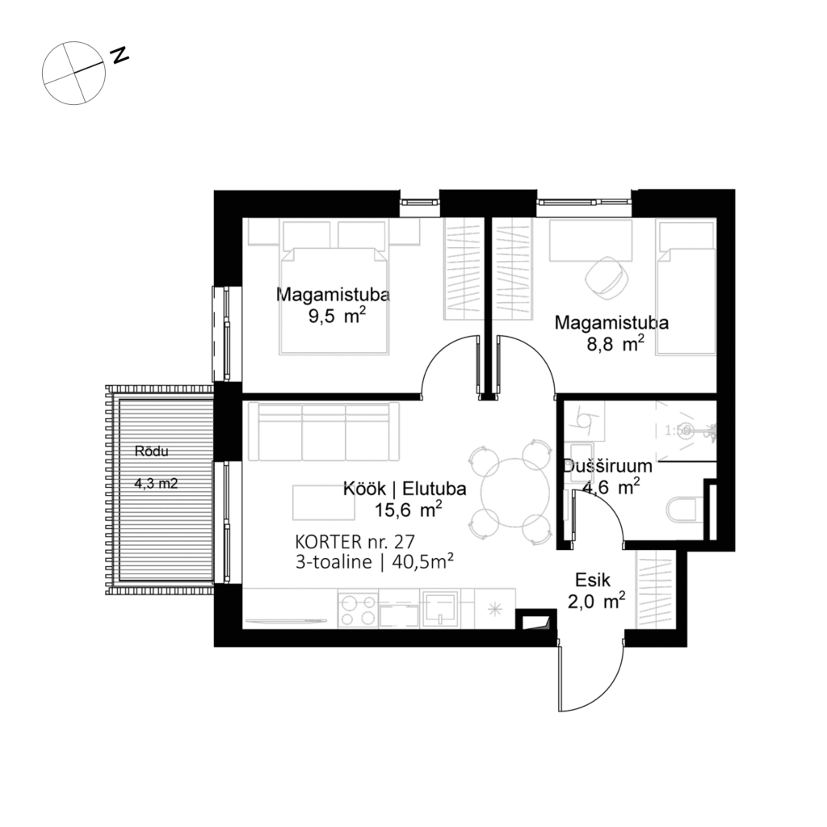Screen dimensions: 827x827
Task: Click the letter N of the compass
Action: point(120,55)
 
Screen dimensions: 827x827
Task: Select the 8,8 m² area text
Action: point(615,345)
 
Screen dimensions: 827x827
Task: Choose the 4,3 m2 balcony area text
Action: point(156,485)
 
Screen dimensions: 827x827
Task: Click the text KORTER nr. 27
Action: point(355,542)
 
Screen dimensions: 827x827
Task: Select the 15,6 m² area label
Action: point(407,510)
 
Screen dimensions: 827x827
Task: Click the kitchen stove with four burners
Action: point(358,610)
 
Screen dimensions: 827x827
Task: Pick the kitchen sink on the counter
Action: point(438,609)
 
